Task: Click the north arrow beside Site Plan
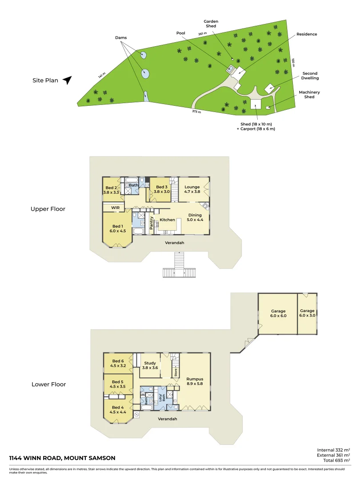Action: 67,80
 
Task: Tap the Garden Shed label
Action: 211,24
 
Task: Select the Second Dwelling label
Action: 310,76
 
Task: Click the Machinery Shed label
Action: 309,94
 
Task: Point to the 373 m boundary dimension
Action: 196,112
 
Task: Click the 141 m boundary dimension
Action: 102,76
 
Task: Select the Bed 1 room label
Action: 118,228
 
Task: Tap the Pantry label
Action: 152,223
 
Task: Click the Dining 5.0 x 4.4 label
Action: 195,217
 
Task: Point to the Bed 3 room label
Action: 160,189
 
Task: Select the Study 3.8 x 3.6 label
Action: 150,365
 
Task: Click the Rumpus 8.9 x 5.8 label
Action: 195,381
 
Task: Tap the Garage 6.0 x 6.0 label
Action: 278,313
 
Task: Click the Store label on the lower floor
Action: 175,372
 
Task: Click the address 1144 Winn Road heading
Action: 62,458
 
